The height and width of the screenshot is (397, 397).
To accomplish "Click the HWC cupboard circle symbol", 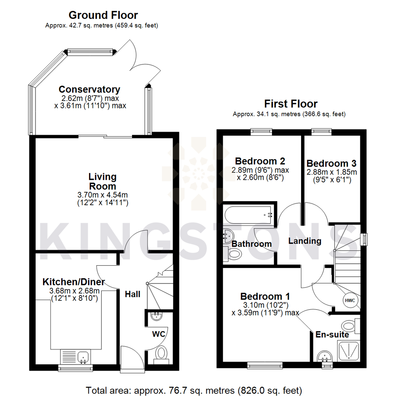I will (x=350, y=300).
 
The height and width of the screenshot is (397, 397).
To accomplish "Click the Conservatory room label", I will (x=89, y=89).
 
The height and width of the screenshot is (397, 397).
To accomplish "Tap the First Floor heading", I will (x=290, y=104).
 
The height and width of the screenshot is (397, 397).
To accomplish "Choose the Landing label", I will (x=305, y=241).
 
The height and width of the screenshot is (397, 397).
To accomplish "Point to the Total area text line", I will (x=194, y=389).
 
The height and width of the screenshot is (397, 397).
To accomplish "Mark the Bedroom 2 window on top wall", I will (x=261, y=131).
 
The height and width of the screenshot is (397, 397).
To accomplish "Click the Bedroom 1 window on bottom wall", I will (x=265, y=365).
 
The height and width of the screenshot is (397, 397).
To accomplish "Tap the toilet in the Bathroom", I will (x=234, y=253).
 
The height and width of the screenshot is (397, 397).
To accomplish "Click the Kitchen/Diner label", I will (x=74, y=282).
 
